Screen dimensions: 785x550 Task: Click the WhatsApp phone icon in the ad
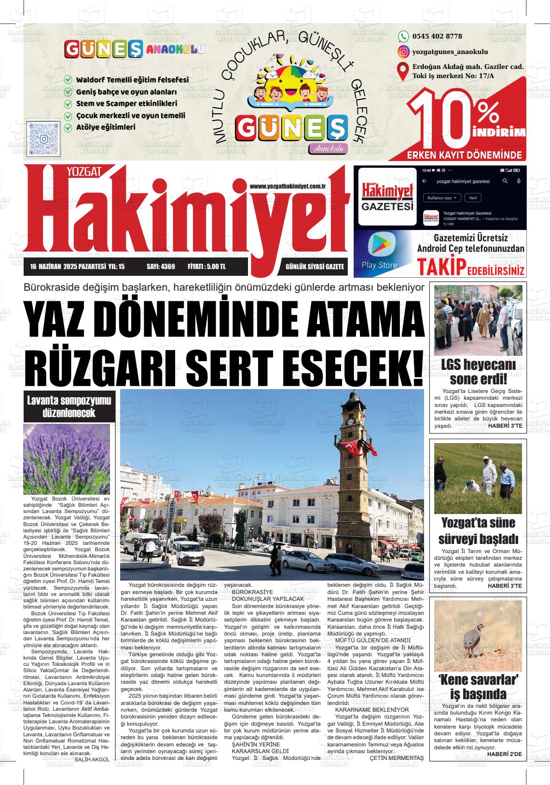point(403,36)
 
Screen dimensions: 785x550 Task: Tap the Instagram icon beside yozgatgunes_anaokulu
point(403,52)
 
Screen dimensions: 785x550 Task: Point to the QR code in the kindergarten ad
point(44,138)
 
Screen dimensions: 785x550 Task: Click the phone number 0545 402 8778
point(437,36)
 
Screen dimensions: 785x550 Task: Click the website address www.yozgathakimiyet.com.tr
point(289,186)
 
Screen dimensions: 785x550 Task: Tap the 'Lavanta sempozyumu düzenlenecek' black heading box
point(69,406)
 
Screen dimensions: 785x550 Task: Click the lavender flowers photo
point(67,458)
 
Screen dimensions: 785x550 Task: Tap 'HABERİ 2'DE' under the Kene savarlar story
point(504,754)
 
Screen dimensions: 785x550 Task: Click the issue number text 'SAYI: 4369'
point(161,267)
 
